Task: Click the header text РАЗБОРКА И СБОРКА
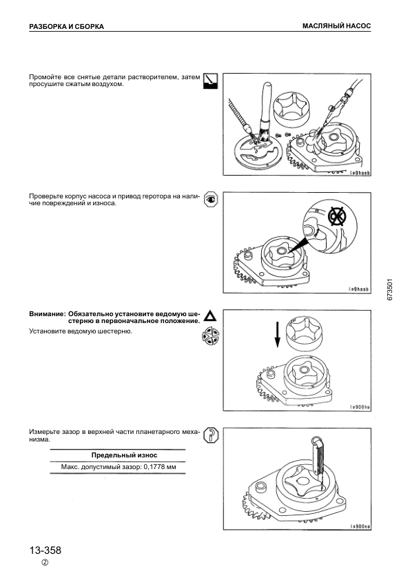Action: pyautogui.click(x=66, y=27)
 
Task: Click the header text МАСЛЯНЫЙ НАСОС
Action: pyautogui.click(x=336, y=26)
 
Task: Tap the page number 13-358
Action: pyautogui.click(x=45, y=550)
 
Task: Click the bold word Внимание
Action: pyautogui.click(x=47, y=314)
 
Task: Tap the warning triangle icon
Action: pyautogui.click(x=210, y=316)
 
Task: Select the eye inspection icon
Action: pyautogui.click(x=211, y=199)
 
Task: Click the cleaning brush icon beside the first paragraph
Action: pyautogui.click(x=211, y=81)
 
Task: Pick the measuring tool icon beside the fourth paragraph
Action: pyautogui.click(x=211, y=435)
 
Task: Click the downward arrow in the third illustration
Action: pyautogui.click(x=277, y=334)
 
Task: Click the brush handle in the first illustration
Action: pyautogui.click(x=266, y=102)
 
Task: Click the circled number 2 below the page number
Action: pyautogui.click(x=45, y=563)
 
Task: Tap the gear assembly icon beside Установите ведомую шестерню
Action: pyautogui.click(x=211, y=336)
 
